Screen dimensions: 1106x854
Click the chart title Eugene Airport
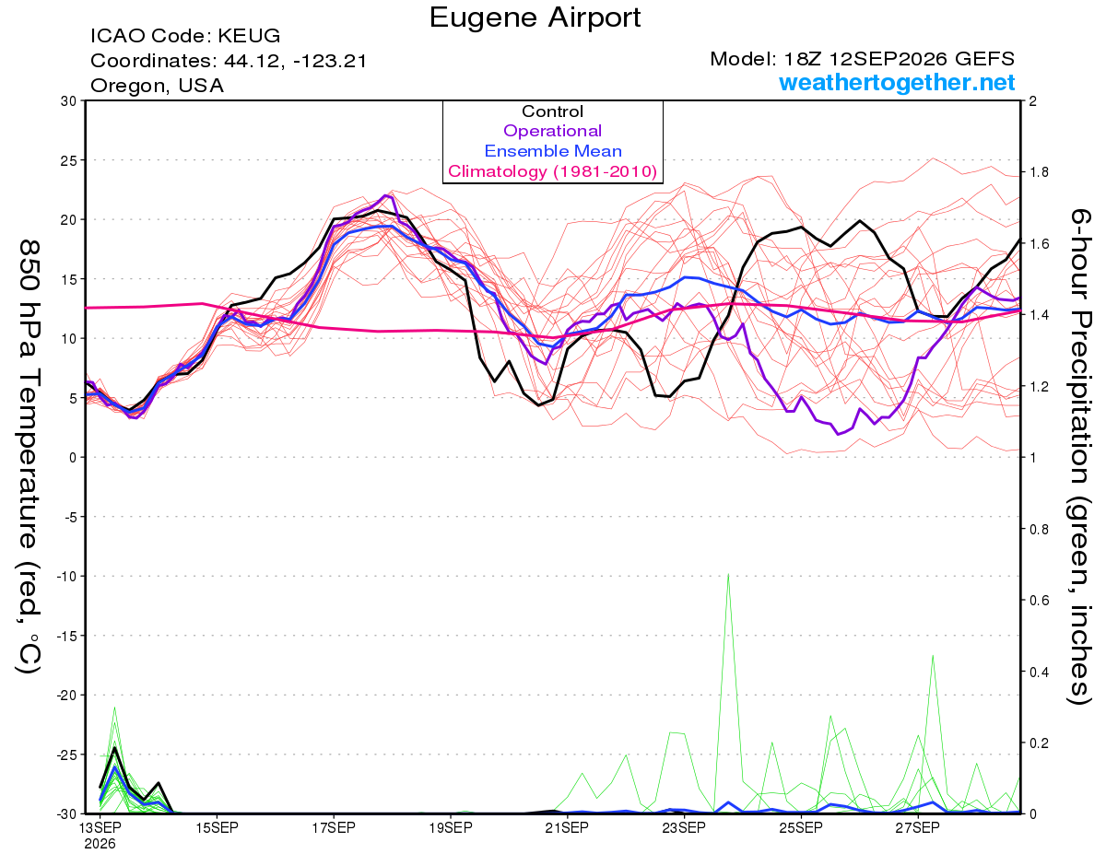(535, 18)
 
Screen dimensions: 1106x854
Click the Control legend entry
(552, 111)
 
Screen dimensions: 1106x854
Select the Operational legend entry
(552, 131)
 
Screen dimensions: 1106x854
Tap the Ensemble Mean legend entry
(553, 151)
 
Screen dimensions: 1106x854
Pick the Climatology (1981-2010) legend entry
(553, 171)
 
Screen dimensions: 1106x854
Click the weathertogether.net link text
(897, 82)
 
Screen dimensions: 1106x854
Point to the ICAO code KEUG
(249, 36)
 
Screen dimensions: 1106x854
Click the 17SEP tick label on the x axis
(334, 827)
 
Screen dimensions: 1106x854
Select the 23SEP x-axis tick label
(684, 827)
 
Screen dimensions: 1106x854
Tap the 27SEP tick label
(918, 827)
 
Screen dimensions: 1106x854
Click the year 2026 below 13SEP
(100, 844)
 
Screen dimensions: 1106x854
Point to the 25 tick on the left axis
(69, 160)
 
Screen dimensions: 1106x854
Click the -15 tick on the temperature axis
(66, 636)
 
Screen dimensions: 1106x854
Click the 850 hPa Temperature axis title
(29, 457)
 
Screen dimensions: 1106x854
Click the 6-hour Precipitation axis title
(1078, 457)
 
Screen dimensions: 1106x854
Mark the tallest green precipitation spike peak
(728, 574)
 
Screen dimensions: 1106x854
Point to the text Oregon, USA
(158, 86)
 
